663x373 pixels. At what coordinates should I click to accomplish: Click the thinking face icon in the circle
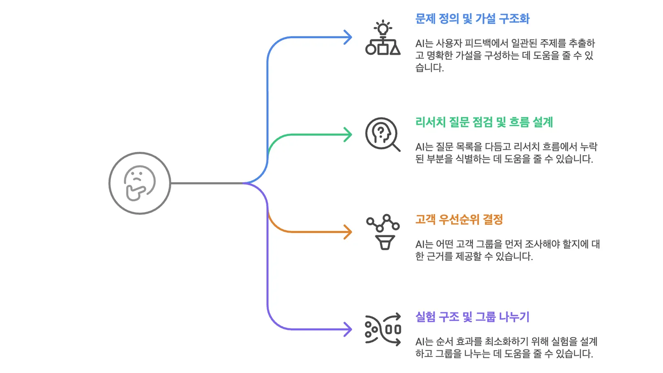[x=139, y=183]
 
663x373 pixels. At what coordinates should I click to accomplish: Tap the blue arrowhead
[x=348, y=37]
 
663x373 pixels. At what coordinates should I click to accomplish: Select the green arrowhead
[x=348, y=134]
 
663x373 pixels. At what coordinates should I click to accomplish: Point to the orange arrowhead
[x=348, y=232]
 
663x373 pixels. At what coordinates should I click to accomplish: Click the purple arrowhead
[x=348, y=329]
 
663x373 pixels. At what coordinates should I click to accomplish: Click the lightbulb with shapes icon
[x=383, y=37]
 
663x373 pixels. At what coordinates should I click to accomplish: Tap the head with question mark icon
[x=382, y=134]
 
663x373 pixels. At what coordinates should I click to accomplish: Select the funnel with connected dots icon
[x=383, y=232]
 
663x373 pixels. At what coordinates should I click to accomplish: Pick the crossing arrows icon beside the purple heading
[x=383, y=329]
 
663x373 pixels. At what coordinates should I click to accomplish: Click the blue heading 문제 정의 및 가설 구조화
[x=472, y=19]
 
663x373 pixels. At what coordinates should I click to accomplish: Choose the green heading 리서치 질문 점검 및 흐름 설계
[x=484, y=122]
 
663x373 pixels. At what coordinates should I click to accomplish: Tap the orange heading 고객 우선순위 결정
[x=459, y=219]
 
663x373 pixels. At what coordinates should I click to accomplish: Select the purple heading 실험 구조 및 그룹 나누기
[x=472, y=317]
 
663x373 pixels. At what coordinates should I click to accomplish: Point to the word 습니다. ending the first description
[x=429, y=68]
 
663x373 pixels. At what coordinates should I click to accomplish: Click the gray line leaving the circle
[x=207, y=183]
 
